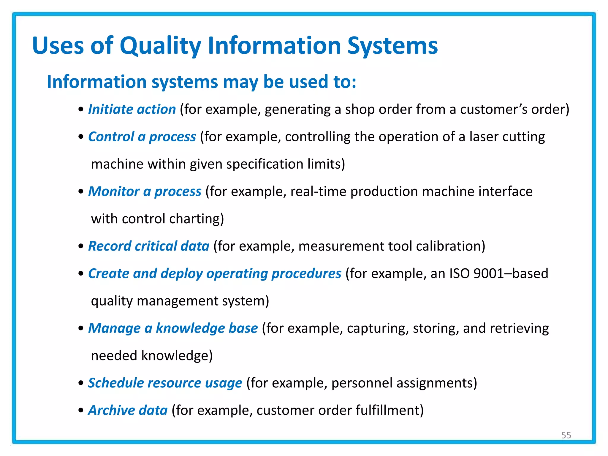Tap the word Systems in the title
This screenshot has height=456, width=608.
[x=392, y=46]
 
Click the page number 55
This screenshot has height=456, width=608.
[x=566, y=435]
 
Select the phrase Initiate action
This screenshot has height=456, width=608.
[x=132, y=109]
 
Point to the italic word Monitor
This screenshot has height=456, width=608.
[x=114, y=191]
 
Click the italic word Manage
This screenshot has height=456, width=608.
[x=114, y=328]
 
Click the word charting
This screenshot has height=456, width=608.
[x=197, y=219]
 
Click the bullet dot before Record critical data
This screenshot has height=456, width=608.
[x=81, y=246]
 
